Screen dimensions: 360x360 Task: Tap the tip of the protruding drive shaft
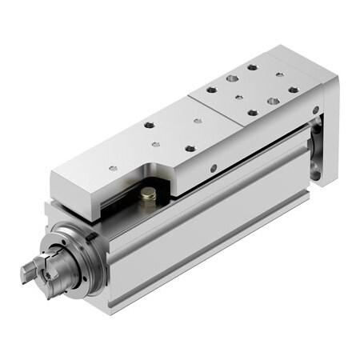tap(27, 275)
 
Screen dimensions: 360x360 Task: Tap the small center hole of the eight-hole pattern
tap(239, 97)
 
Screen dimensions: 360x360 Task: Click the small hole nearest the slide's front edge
tap(112, 168)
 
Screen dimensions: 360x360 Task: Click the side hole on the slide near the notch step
tap(213, 168)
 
